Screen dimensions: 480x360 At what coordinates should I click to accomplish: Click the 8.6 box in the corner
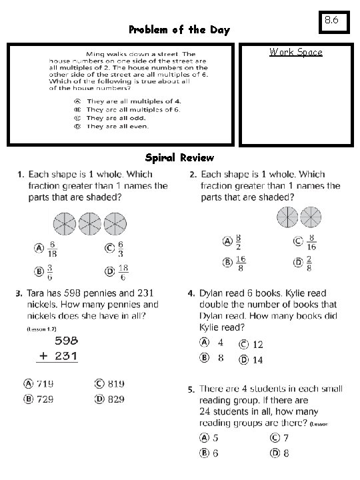tap(332, 22)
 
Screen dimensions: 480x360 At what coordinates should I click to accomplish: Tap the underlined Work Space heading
tap(295, 52)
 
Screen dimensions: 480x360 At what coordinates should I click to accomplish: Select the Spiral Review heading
tap(179, 158)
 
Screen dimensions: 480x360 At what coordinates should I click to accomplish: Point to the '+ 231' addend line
tap(57, 357)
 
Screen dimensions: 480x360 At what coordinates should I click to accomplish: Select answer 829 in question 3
tap(115, 399)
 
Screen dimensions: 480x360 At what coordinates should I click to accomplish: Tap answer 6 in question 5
tap(215, 453)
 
